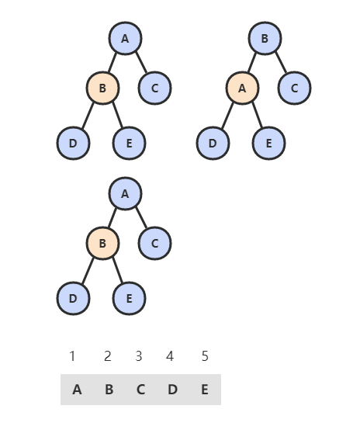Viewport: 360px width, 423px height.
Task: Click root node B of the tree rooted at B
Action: tap(265, 38)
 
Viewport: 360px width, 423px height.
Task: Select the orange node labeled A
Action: tap(242, 88)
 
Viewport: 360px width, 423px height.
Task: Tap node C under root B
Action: tap(295, 88)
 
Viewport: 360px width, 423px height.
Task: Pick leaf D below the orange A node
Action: tap(213, 143)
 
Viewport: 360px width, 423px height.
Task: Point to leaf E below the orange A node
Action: tap(269, 143)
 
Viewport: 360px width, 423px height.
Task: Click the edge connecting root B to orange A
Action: tap(252, 63)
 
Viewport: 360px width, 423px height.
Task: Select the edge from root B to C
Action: tap(281, 62)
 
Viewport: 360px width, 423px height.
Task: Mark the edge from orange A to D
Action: tap(227, 116)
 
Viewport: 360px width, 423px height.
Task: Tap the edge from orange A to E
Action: tap(257, 115)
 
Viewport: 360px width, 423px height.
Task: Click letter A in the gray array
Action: tap(77, 390)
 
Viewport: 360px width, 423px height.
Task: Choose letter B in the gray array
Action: tap(109, 390)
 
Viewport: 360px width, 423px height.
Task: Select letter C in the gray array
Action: tap(140, 390)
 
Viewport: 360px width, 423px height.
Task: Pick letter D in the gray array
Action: tap(172, 390)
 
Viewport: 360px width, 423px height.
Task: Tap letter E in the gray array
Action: tap(205, 390)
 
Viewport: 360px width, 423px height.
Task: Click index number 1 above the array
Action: tap(72, 356)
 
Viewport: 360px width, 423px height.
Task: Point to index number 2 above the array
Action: tap(108, 356)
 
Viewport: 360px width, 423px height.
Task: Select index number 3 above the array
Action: tap(139, 356)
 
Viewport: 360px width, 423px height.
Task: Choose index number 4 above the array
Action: tap(170, 356)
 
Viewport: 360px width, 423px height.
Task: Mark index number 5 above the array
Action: tap(205, 356)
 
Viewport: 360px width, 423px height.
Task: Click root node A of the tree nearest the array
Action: tap(125, 193)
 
